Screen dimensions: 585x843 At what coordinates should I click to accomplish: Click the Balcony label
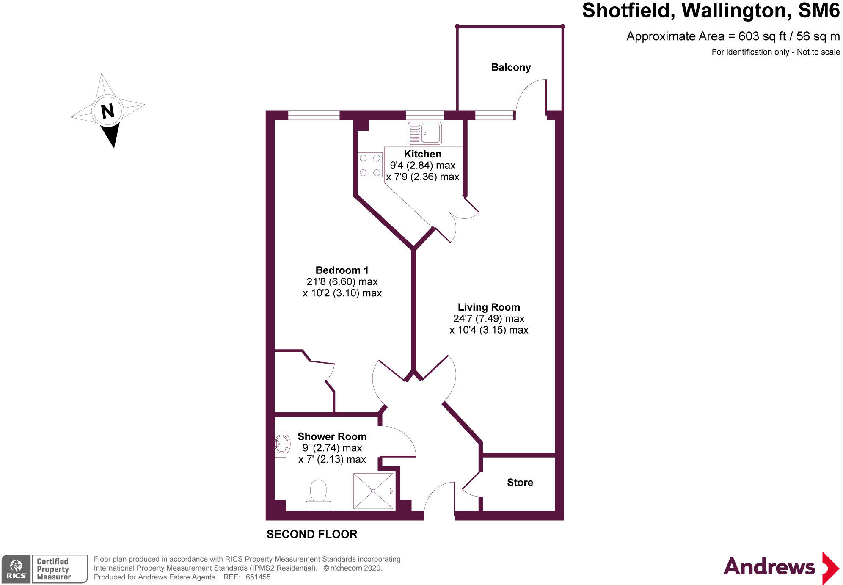510,67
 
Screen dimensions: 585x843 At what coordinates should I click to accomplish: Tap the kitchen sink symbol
424,133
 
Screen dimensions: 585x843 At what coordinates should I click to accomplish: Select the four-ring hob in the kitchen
369,165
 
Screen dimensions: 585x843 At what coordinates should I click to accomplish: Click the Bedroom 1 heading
342,270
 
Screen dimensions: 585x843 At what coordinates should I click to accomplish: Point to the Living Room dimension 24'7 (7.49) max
488,318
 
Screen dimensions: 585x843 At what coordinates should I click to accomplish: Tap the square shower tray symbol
373,491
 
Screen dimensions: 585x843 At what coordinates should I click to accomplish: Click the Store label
520,482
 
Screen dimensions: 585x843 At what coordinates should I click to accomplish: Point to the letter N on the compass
107,111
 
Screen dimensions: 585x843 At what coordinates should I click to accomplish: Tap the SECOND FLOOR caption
311,534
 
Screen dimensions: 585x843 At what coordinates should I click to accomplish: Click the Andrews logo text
769,567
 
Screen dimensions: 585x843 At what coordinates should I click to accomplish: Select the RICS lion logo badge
16,569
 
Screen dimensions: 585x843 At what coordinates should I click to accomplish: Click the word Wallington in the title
736,11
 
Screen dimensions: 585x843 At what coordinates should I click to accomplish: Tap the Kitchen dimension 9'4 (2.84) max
422,166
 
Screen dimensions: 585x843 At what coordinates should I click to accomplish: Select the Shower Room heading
332,436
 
